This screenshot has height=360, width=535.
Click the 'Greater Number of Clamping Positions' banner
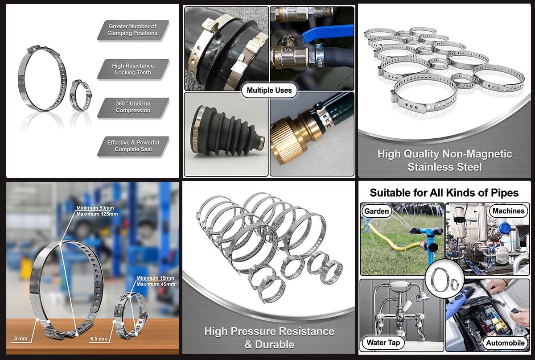coord(133,30)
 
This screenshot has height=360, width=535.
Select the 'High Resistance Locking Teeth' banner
coord(133,69)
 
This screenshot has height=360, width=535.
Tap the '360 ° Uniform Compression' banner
coord(133,107)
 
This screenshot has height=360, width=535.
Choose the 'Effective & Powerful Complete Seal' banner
coord(133,146)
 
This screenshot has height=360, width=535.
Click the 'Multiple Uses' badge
coord(269,91)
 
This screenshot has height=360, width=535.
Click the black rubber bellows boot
coord(227,134)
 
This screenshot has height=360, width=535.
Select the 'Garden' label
coord(376,211)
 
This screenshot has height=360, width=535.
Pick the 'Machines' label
coord(509,211)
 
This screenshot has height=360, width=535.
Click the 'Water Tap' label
coord(383,343)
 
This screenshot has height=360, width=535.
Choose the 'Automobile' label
coord(506,343)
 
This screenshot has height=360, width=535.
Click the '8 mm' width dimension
coord(21,339)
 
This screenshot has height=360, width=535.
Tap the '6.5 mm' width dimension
coord(99,339)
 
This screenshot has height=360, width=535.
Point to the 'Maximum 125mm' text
coord(97,214)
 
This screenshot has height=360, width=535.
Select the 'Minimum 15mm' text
coord(155,278)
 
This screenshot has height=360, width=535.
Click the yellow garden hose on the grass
coord(392,239)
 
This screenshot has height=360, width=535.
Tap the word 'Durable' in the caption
coord(275,344)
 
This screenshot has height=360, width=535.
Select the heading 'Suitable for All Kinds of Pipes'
coord(444,193)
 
